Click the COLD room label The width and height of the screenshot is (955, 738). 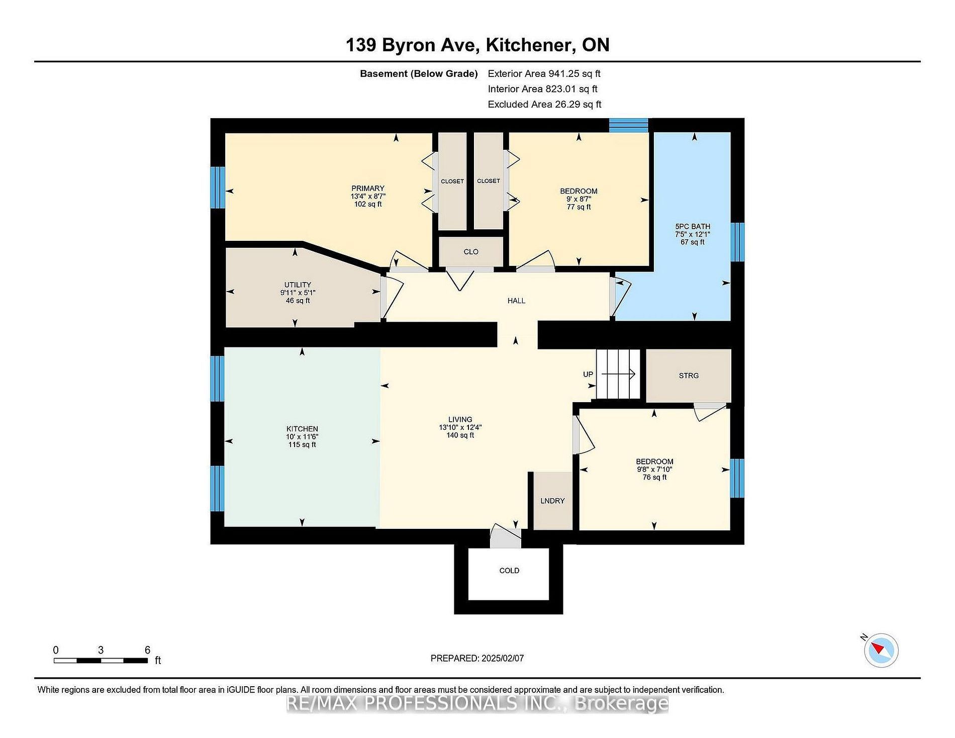pos(509,571)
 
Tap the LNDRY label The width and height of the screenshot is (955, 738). pos(552,501)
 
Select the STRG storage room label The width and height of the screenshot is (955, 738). pos(689,376)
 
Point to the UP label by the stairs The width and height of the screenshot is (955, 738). pos(588,374)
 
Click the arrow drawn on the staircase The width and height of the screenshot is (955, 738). pos(618,374)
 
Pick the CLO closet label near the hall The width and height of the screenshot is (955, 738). pos(471,252)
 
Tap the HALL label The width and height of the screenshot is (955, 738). pos(516,301)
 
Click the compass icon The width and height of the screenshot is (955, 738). pos(881,651)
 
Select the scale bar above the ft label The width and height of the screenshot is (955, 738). pos(101,660)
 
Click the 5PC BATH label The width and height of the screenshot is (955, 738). pos(693,226)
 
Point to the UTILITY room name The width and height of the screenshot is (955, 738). pos(298,285)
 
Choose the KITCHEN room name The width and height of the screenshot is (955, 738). pos(302,429)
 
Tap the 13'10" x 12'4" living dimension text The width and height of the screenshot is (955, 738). pos(460,427)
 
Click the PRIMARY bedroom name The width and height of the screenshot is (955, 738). pos(368,189)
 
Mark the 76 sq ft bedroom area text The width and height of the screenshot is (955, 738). pos(654,477)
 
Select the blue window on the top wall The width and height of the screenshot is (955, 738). pos(629,125)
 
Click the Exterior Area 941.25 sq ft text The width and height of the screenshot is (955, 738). pos(544,73)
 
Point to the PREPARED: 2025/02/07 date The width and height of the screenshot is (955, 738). pos(477,658)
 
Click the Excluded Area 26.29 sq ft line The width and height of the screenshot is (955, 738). pos(545,104)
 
